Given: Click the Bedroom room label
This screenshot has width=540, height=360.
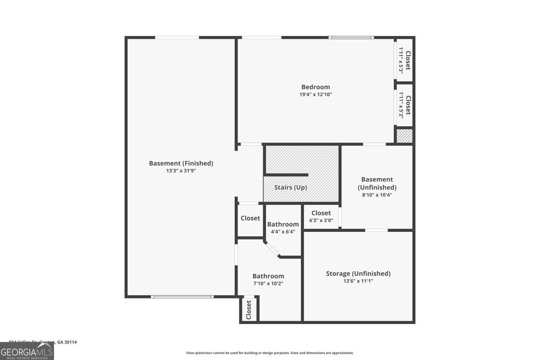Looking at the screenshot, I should [x=315, y=87].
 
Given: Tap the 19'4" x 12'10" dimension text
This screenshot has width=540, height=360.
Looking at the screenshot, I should [x=315, y=95].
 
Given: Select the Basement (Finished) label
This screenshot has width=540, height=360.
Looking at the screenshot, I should [x=181, y=163].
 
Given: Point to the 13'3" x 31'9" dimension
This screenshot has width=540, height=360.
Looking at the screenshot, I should [x=181, y=171].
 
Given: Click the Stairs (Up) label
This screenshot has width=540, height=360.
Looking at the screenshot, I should [x=291, y=187].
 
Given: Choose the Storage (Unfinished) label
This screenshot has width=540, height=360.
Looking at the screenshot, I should [x=358, y=273].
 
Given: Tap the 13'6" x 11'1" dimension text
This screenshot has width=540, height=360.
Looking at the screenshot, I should [x=358, y=281].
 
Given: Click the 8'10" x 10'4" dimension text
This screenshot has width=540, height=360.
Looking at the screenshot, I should [x=377, y=195].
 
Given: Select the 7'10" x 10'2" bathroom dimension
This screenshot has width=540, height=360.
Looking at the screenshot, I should [x=268, y=284].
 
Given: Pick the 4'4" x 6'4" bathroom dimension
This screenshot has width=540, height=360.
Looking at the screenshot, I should [x=283, y=232].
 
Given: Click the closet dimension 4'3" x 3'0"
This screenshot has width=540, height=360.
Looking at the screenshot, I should [x=321, y=221].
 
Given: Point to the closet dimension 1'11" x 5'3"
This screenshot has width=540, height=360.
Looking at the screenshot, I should [x=401, y=60].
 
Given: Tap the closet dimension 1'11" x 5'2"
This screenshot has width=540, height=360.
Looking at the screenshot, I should [x=401, y=105].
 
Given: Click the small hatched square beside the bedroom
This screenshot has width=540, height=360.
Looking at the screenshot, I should [x=404, y=136].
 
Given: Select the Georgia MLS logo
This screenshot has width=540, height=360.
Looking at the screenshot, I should [x=27, y=351].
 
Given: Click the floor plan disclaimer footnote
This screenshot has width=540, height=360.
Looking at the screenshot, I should [x=270, y=353].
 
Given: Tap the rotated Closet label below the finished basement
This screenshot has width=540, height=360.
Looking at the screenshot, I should [x=248, y=310].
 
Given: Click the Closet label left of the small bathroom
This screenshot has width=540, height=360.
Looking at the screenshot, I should [x=250, y=218].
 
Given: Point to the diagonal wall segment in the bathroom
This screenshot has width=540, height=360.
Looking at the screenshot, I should [x=272, y=249].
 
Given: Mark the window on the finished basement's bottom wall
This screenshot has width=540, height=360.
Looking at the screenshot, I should [x=182, y=297].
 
